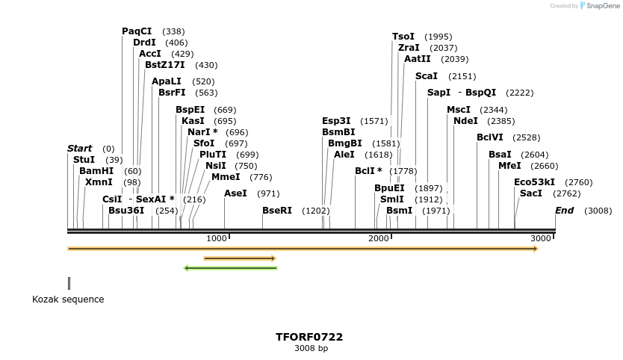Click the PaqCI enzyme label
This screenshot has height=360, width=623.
(137, 31)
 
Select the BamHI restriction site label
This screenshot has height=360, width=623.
(96, 171)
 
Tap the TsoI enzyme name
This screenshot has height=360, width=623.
(403, 37)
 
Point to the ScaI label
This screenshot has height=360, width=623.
(427, 76)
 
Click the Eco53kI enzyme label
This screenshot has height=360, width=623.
(534, 182)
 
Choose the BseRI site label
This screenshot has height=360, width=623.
(277, 211)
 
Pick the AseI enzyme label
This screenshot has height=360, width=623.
(235, 193)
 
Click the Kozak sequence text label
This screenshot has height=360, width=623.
(68, 300)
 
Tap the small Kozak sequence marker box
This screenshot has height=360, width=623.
(69, 283)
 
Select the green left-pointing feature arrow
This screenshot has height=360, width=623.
(230, 267)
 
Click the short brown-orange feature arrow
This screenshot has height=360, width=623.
(240, 258)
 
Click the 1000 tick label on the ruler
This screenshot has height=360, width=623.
(217, 238)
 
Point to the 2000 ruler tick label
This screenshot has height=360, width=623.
(379, 238)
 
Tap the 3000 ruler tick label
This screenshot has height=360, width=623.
(541, 238)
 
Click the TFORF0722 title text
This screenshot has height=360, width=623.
(309, 337)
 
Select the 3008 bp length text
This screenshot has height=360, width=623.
(311, 348)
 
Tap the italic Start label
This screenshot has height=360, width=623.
(80, 149)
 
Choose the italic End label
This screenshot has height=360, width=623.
(565, 211)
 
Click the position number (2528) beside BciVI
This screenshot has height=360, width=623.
(526, 137)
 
